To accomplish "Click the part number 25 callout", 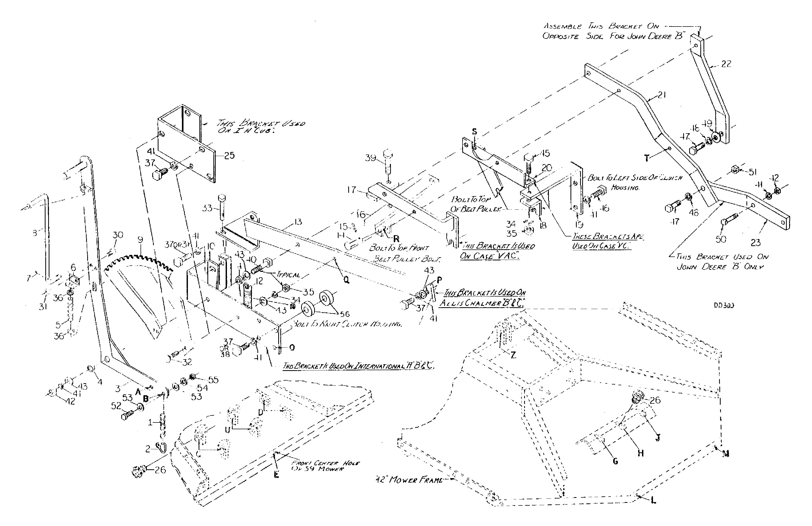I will pyautogui.click(x=230, y=156).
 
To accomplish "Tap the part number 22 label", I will pyautogui.click(x=726, y=64).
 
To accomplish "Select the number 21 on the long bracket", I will pyautogui.click(x=662, y=95).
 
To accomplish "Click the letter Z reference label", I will pyautogui.click(x=513, y=355).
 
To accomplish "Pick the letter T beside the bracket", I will pyautogui.click(x=646, y=158).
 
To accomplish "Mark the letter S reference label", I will pyautogui.click(x=474, y=132).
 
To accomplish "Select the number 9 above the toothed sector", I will pyautogui.click(x=141, y=240).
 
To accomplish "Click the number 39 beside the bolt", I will pyautogui.click(x=371, y=158).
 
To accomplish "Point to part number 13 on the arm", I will pyautogui.click(x=298, y=222).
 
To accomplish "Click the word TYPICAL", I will pyautogui.click(x=289, y=275).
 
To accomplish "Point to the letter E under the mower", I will pyautogui.click(x=276, y=474).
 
